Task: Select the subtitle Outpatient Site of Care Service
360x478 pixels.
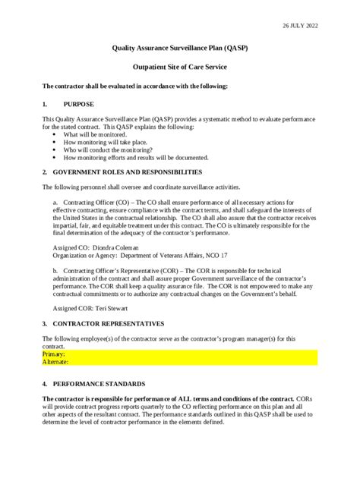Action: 181,68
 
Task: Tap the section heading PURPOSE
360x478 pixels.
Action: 79,103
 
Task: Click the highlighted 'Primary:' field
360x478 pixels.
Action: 54,354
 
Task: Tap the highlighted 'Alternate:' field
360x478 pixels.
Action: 55,362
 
